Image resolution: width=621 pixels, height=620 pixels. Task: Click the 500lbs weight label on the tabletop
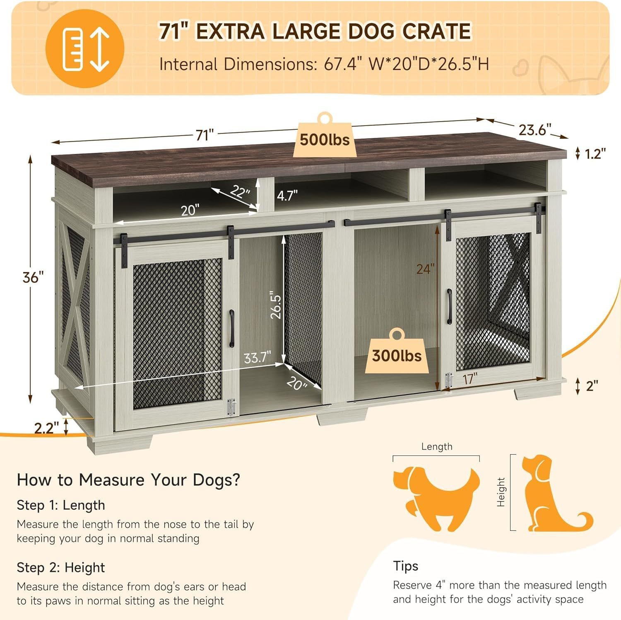point(325,140)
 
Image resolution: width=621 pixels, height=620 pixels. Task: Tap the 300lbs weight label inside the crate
point(397,356)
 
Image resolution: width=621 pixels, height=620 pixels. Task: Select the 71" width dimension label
point(205,135)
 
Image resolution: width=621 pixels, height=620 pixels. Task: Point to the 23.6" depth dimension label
point(535,130)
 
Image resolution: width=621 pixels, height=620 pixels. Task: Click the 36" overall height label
point(33,277)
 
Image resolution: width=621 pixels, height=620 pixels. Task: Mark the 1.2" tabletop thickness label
point(595,154)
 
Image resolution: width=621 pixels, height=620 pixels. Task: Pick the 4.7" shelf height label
point(287,195)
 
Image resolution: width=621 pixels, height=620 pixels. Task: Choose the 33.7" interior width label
point(257,357)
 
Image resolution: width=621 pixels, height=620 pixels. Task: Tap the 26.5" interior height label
point(276,306)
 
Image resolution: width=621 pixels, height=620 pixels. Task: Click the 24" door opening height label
point(426,269)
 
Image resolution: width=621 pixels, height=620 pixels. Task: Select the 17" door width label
point(470,379)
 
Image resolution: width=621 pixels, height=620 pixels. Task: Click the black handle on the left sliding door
point(231,328)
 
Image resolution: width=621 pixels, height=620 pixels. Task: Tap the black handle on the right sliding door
point(449,306)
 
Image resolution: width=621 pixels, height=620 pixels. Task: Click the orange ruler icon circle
point(85,48)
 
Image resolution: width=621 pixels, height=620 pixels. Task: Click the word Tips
point(406,566)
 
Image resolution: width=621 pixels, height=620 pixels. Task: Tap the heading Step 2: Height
point(61,567)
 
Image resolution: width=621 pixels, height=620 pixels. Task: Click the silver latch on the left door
point(232,407)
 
